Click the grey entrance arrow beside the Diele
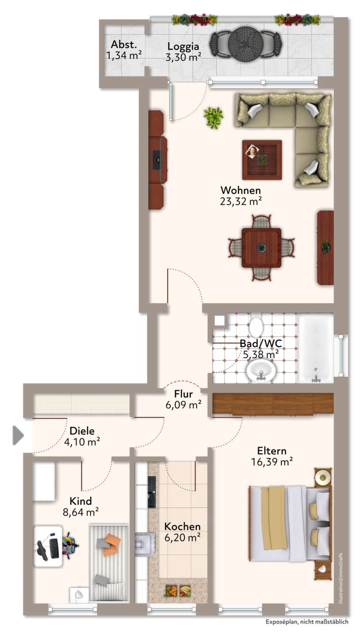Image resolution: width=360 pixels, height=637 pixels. click(18, 435)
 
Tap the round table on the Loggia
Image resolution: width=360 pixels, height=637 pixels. click(245, 43)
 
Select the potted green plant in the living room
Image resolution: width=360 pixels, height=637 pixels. click(213, 118)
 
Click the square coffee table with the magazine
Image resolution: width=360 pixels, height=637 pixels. click(262, 160)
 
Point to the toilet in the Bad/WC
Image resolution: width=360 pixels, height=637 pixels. click(256, 328)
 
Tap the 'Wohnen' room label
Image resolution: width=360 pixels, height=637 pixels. click(241, 190)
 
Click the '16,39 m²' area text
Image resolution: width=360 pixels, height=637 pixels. click(272, 461)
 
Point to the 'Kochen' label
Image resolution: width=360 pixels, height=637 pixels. click(182, 526)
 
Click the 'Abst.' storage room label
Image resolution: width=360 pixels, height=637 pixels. click(124, 44)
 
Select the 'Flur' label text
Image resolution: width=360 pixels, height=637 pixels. click(183, 394)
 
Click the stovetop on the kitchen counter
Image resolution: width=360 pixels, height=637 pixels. click(145, 544)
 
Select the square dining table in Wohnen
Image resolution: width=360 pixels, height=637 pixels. click(261, 248)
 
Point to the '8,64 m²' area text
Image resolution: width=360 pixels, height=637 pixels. click(81, 512)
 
